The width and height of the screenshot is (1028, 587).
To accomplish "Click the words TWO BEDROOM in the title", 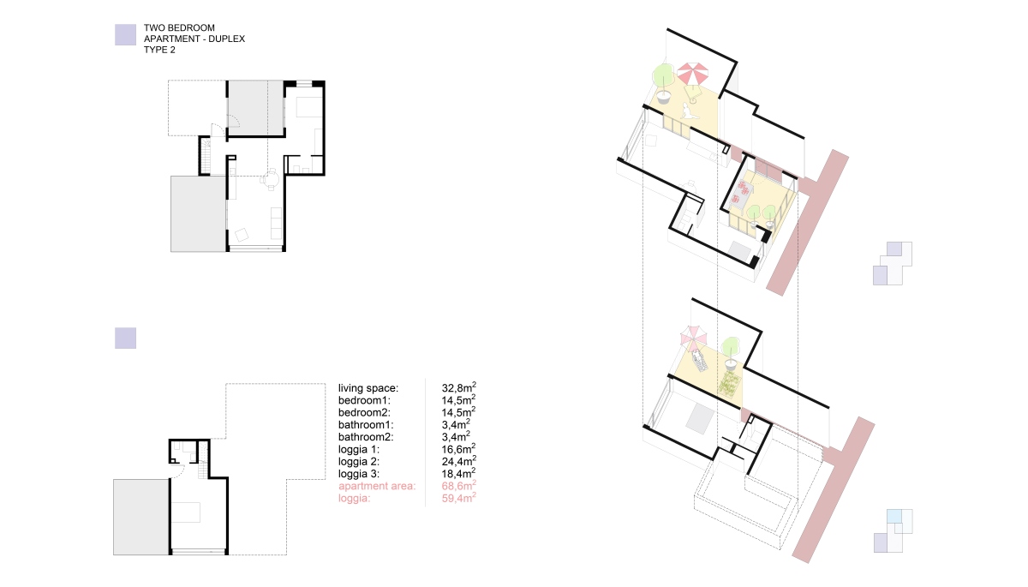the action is click(179, 28).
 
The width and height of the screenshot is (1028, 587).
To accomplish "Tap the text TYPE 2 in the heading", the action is click(159, 50).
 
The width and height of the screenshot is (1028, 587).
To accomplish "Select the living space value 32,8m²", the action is click(458, 387).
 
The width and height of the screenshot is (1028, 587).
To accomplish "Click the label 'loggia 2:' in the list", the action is click(359, 462).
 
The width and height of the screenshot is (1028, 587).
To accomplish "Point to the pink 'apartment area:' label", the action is click(377, 486).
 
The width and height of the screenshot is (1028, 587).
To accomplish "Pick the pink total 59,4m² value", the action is click(458, 498).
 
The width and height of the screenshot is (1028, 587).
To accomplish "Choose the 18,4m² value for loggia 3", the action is click(458, 473).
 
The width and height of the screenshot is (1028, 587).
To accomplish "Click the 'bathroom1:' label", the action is click(366, 425).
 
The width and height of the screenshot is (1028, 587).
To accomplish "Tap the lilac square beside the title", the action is click(125, 35).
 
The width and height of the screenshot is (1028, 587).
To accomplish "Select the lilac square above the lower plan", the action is click(125, 338).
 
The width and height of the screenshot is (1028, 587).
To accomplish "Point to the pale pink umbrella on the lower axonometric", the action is click(693, 338).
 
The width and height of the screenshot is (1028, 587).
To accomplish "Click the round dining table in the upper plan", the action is click(272, 180).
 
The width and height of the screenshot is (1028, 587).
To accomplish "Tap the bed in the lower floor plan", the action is click(186, 512).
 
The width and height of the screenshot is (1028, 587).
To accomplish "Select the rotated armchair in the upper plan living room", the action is click(242, 235).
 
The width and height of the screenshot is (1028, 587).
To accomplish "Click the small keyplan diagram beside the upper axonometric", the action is click(892, 263).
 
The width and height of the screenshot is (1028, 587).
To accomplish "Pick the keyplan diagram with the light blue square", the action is click(893, 530).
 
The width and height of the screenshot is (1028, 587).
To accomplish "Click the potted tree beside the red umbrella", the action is click(663, 83).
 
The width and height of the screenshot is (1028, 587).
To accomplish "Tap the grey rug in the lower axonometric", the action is click(700, 417).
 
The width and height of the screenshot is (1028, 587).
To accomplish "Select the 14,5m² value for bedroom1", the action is click(458, 399).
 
